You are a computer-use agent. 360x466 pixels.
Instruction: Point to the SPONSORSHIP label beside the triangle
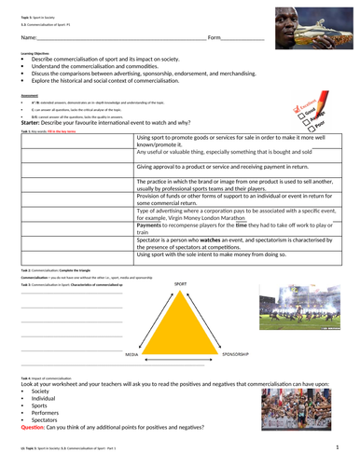pos(236,354)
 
